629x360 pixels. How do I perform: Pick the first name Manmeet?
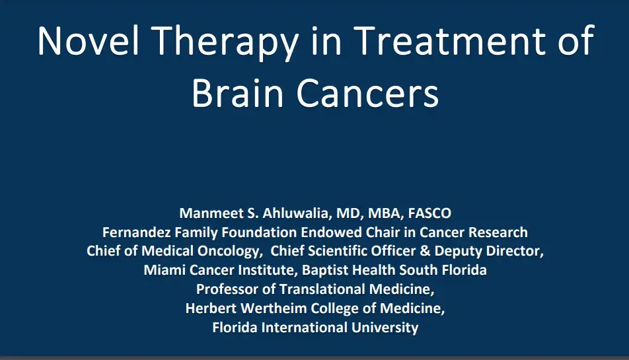206,213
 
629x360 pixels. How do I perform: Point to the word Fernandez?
134,233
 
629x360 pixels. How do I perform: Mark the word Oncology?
229,252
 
